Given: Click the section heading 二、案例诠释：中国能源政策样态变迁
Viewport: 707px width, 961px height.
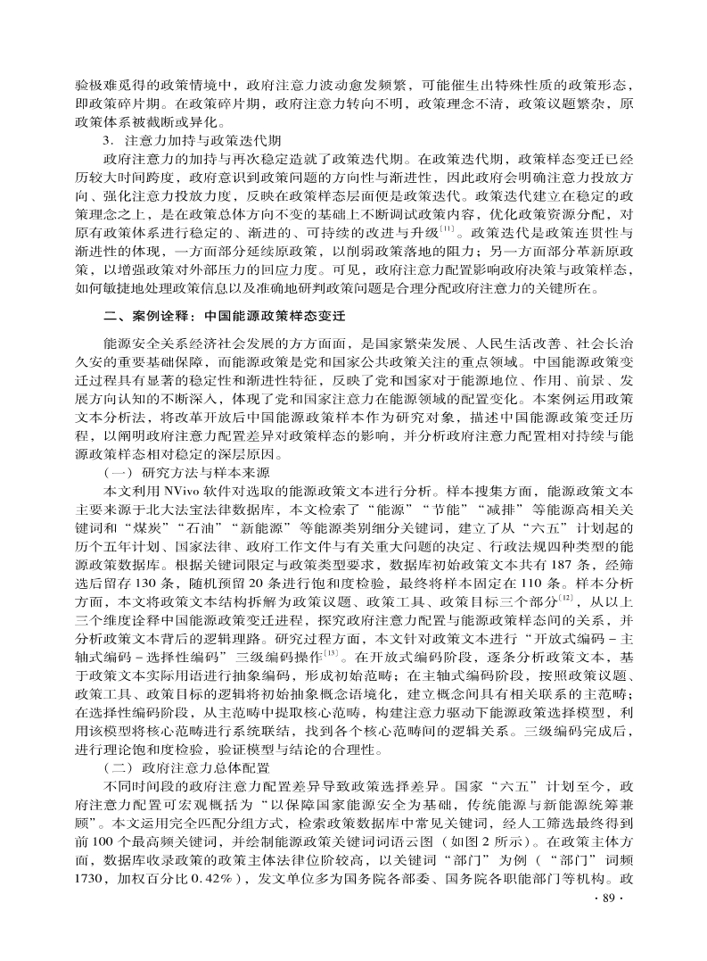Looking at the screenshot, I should [x=224, y=317].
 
